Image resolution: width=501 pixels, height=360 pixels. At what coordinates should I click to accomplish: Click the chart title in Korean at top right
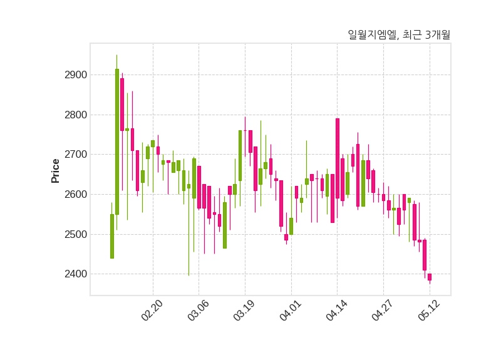[399, 34]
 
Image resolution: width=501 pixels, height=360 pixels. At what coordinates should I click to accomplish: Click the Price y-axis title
[55, 171]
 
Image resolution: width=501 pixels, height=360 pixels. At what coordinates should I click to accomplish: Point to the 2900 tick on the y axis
[76, 75]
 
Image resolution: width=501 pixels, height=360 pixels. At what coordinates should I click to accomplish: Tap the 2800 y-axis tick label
[76, 115]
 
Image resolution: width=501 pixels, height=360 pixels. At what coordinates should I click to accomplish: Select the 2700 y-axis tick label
[76, 155]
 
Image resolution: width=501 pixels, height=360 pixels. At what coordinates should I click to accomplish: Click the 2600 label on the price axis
[76, 195]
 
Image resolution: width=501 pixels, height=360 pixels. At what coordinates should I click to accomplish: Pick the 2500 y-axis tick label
[76, 234]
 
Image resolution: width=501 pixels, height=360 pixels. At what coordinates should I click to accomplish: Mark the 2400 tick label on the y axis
[76, 274]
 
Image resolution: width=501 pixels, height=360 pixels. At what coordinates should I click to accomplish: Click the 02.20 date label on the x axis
[152, 310]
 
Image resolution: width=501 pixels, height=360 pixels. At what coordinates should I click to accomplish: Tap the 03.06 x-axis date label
[198, 310]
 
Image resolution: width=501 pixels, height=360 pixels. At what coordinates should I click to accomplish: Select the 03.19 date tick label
[244, 310]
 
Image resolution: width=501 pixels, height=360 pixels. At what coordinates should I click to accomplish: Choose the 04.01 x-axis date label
[291, 310]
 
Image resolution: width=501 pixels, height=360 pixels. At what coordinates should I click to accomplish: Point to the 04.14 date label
[336, 310]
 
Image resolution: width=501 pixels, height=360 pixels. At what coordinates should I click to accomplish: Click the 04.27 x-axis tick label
[383, 310]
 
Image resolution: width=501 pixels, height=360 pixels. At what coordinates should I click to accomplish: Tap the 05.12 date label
[429, 310]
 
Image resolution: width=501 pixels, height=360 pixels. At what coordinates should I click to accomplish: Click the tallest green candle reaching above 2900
[117, 141]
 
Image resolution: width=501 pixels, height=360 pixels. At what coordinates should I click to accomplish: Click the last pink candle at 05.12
[430, 277]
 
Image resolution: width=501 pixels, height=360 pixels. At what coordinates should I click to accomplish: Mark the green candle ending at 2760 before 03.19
[240, 155]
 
